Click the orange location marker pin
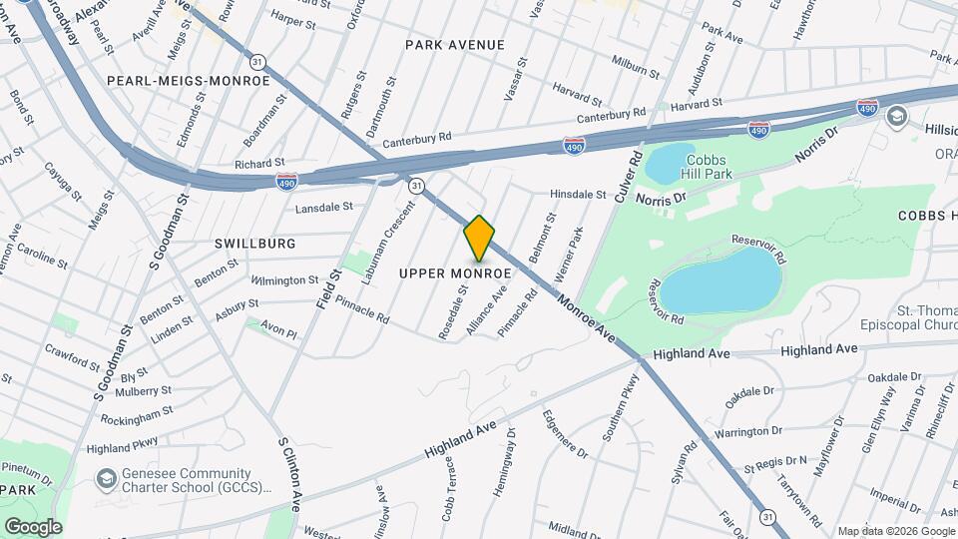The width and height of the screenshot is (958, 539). [x=479, y=239]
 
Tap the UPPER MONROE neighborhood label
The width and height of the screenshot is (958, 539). [x=455, y=273]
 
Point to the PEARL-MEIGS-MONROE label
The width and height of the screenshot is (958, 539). [x=189, y=80]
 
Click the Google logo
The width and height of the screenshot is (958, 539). [x=33, y=526]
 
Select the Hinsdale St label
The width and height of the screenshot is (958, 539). [x=579, y=195]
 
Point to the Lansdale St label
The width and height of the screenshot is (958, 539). [x=324, y=208]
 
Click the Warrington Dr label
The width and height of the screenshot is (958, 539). [x=747, y=432]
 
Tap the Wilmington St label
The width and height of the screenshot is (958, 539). [x=284, y=280]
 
